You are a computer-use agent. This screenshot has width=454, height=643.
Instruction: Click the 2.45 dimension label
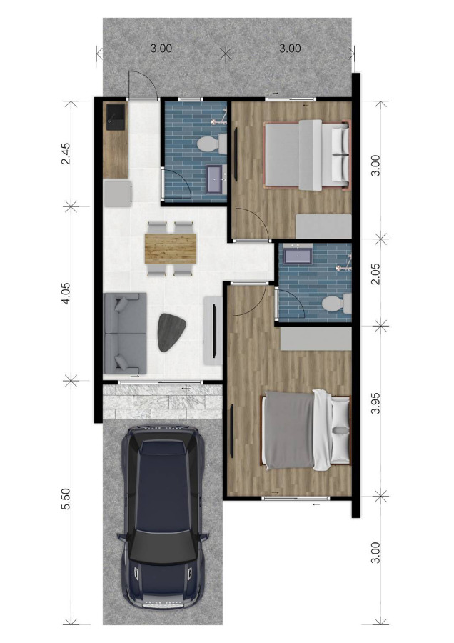coord(66,154)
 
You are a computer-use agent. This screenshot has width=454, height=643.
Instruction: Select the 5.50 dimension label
coord(66,499)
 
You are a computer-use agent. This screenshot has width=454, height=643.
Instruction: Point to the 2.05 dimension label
coord(375,274)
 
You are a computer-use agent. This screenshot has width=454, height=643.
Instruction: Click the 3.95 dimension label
coord(375,403)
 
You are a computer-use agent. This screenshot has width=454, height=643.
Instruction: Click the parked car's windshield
coord(163,547)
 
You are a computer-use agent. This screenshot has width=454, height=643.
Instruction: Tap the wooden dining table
coord(171,249)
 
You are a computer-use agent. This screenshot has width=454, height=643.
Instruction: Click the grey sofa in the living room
coord(125,333)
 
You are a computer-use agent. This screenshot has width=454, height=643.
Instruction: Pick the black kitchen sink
coord(116,117)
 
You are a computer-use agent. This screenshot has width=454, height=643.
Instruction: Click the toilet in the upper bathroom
coord(212,144)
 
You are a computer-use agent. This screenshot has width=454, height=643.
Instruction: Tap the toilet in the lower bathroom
coord(337,304)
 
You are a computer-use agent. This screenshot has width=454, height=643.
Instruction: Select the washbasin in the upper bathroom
coord(216,179)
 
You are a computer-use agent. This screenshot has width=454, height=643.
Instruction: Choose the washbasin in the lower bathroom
coord(298,255)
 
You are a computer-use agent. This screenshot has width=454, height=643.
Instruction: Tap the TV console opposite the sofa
coord(213,331)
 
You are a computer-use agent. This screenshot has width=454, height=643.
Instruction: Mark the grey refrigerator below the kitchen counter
coord(118,194)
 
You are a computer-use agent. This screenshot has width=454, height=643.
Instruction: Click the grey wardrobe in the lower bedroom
coord(316,339)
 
